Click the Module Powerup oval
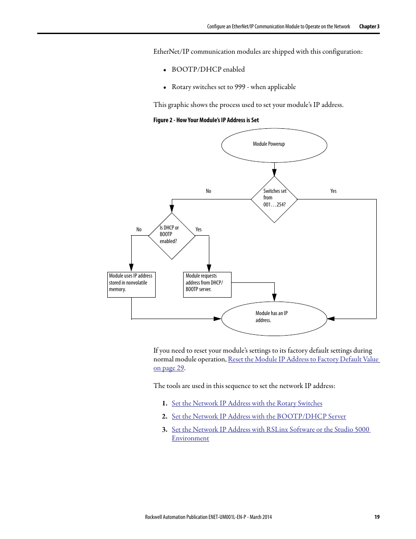(274, 145)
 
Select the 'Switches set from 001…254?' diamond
(274, 199)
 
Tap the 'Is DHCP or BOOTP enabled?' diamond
(171, 236)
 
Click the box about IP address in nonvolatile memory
(131, 285)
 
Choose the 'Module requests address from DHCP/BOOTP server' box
(207, 285)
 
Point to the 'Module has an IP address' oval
(274, 318)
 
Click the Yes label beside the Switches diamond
(333, 191)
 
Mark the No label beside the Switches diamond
(208, 191)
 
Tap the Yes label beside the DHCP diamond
(198, 230)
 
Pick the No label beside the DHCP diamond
(139, 230)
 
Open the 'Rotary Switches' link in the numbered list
(247, 403)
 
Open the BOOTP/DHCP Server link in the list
(259, 416)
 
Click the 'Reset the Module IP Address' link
(303, 359)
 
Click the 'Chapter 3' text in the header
(369, 27)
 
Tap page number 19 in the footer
(377, 517)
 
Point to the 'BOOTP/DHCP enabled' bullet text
(208, 69)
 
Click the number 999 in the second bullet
(240, 87)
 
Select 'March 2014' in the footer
(261, 517)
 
